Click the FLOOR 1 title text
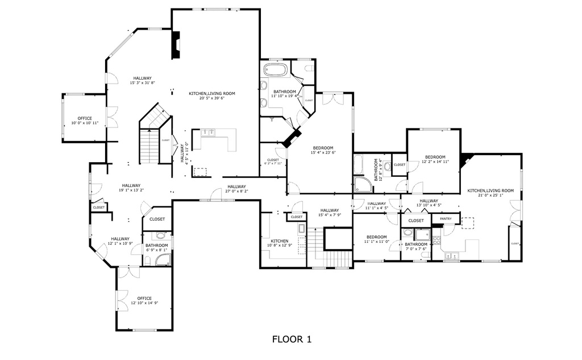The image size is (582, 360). click(292, 340)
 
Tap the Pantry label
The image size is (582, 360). click(446, 218)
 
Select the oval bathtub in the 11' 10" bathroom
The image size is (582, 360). click(276, 71)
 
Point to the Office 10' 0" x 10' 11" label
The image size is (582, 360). click(85, 121)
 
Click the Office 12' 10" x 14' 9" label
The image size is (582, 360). click(144, 300)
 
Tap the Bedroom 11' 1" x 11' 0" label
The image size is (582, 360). click(376, 239)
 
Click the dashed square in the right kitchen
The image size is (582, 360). click(468, 223)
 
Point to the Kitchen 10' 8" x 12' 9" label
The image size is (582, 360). click(279, 243)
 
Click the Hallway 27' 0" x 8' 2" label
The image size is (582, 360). click(236, 189)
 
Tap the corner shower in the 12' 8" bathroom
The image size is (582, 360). click(362, 184)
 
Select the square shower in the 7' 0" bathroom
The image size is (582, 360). click(422, 235)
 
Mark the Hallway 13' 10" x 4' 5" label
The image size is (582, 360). click(429, 203)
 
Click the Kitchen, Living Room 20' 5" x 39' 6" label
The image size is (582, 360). click(212, 96)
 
